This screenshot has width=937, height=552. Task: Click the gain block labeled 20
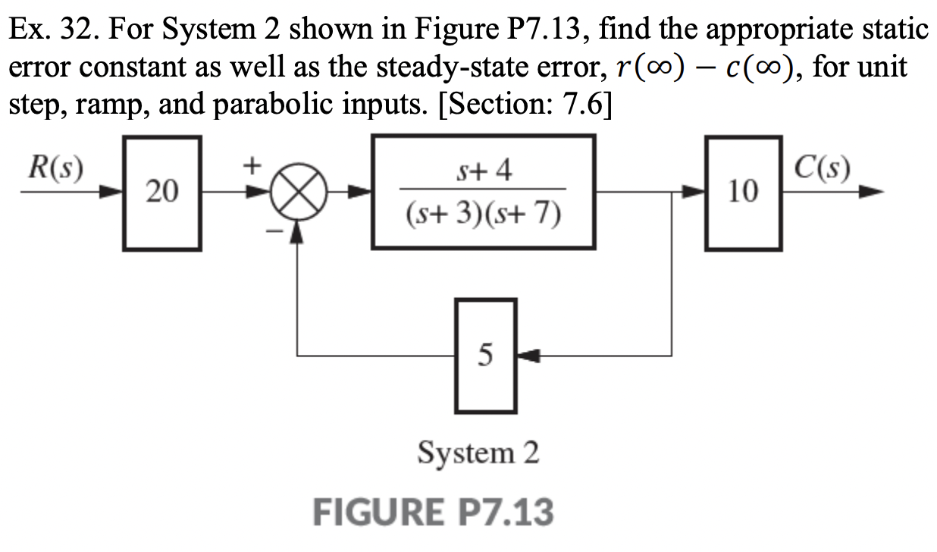161,193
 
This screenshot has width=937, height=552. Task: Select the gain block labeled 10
743,193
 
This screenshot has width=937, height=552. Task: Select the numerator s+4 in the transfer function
484,171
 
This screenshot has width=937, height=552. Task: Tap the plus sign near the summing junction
252,162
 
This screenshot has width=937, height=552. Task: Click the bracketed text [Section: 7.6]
497,103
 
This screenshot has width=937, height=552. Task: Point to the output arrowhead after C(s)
872,193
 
